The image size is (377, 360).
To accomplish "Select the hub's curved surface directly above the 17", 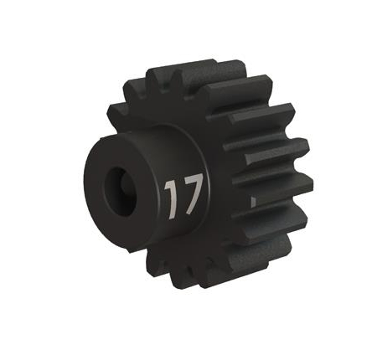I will (x=176, y=147).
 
